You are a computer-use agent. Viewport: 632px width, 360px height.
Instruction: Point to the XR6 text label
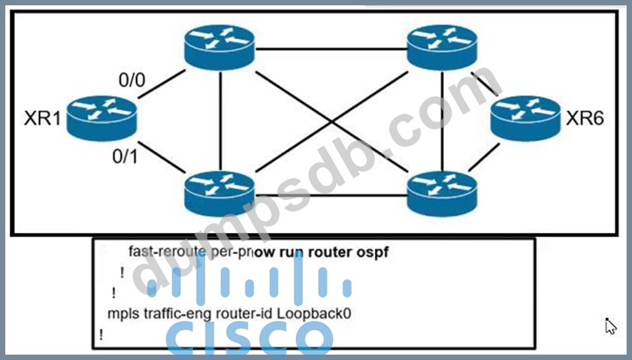pyautogui.click(x=585, y=118)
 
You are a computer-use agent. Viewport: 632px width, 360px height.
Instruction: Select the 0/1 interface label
pyautogui.click(x=126, y=157)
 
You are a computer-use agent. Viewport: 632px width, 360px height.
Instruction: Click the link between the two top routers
pyautogui.click(x=331, y=49)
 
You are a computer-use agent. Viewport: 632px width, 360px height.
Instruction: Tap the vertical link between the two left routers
pyautogui.click(x=221, y=120)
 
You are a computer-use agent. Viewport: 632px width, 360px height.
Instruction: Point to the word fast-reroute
pyautogui.click(x=161, y=251)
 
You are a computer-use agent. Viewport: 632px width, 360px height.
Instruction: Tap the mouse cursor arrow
pyautogui.click(x=611, y=325)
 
